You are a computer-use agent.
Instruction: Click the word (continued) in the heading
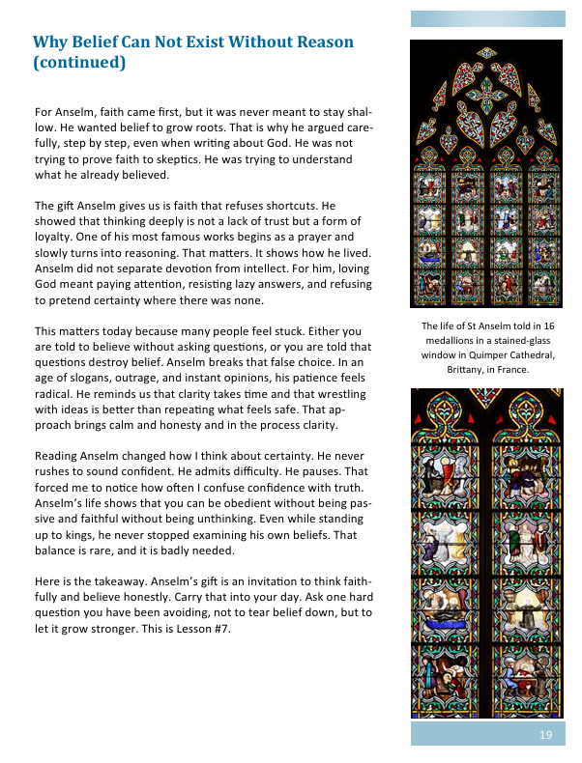[78, 64]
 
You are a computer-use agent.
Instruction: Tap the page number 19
[546, 735]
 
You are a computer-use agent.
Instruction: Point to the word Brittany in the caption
[468, 370]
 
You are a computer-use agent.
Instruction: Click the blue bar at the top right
[487, 18]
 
